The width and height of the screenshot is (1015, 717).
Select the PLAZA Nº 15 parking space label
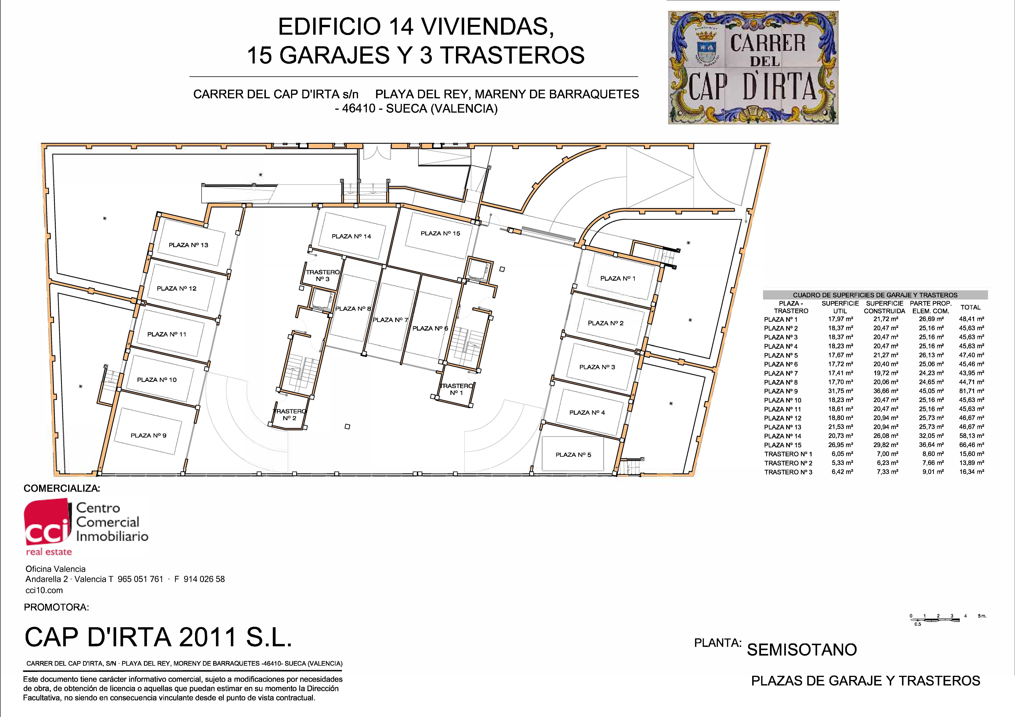440,233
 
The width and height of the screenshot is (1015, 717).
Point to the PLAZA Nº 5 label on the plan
573,455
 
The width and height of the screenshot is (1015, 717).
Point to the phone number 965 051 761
141,579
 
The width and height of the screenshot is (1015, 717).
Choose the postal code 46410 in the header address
359,109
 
